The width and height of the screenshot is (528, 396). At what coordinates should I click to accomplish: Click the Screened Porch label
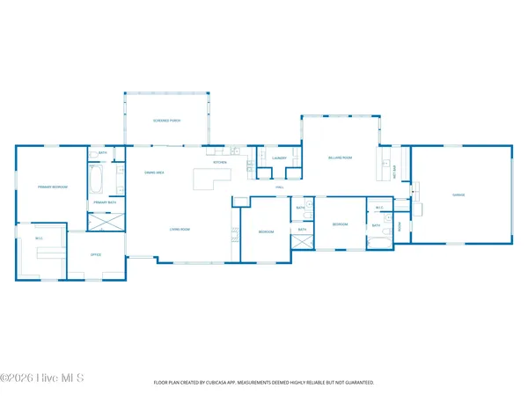(x=167, y=121)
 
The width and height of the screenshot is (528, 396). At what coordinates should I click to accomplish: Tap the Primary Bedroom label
(x=53, y=187)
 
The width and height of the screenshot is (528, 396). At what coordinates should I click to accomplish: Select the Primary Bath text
(x=105, y=202)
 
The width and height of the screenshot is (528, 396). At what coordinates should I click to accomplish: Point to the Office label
(x=95, y=255)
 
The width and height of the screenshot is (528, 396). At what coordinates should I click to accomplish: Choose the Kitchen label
(x=220, y=163)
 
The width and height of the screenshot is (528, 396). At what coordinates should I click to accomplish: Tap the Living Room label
(x=180, y=230)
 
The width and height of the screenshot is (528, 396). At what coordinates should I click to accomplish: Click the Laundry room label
(x=280, y=158)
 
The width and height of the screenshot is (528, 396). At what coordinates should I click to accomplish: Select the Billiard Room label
(x=341, y=158)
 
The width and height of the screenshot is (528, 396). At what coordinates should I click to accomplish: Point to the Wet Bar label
(x=393, y=172)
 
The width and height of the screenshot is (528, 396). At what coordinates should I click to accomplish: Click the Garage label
(x=458, y=194)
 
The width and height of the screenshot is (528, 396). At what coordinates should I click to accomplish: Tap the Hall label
(x=280, y=187)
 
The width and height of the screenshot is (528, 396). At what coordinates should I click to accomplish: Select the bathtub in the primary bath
(x=97, y=181)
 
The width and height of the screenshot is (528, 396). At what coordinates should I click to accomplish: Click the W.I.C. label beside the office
(x=40, y=238)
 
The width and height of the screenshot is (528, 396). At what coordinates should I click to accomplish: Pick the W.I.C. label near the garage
(x=378, y=208)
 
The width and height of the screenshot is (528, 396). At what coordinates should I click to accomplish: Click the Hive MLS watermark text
(x=41, y=378)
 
